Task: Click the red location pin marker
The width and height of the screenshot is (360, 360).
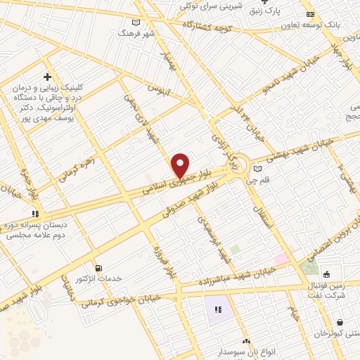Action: pyautogui.click(x=180, y=165)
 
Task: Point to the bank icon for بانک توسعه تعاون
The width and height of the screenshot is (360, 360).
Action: pyautogui.click(x=310, y=14)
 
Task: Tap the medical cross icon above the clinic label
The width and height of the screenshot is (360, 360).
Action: pyautogui.click(x=47, y=76)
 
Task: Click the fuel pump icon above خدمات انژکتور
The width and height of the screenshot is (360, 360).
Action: pyautogui.click(x=98, y=268)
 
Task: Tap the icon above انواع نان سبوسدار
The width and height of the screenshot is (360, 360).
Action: pyautogui.click(x=246, y=341)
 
